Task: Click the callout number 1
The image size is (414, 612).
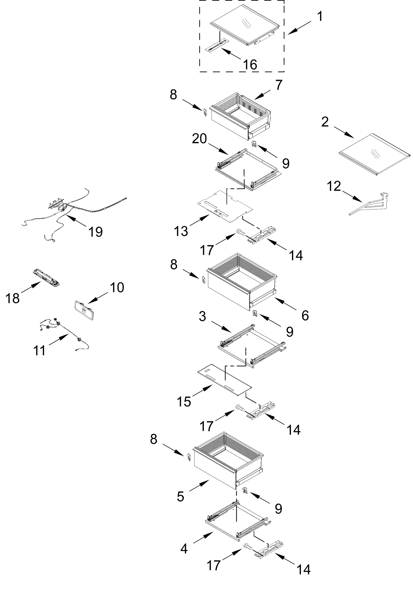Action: point(319,16)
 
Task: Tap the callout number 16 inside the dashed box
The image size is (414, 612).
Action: point(250,65)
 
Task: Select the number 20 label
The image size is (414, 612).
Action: point(199,138)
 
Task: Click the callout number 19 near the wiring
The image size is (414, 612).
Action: point(95,232)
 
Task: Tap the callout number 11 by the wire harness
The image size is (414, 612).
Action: point(39,351)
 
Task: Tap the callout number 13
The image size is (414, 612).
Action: point(181,231)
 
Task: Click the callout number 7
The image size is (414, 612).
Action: point(278,85)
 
